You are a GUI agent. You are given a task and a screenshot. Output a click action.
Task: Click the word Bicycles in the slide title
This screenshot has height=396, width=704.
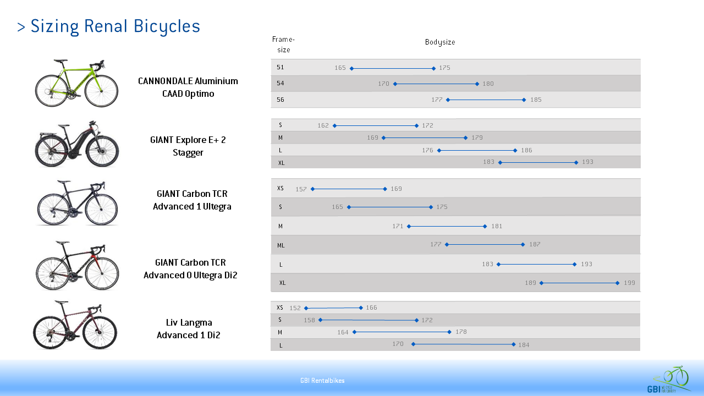pos(167,26)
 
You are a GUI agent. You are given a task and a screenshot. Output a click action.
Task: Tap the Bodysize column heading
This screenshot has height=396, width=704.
pos(440,42)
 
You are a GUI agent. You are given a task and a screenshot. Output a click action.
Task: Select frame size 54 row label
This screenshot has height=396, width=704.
pos(280,83)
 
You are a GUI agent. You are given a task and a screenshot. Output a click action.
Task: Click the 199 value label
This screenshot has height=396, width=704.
pos(629,283)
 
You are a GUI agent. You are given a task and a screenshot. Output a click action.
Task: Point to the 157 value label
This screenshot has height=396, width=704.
pos(301,189)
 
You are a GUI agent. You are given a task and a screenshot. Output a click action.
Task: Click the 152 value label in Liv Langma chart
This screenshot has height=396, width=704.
pos(295,308)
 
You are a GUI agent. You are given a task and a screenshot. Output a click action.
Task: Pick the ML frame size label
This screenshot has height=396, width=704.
pos(281,245)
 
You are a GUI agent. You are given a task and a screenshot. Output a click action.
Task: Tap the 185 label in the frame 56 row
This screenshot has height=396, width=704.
pos(536,100)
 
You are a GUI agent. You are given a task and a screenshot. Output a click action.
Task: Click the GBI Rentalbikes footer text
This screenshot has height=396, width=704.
pos(322,381)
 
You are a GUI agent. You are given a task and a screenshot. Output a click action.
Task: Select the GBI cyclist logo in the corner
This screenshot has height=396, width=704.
pos(669,380)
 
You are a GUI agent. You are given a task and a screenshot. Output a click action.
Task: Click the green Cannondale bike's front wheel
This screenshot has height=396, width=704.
pos(102,91)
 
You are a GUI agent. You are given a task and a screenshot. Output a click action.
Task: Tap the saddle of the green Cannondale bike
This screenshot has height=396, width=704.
pos(61,61)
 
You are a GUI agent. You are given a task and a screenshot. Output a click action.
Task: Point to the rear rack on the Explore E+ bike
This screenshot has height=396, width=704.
pos(46,135)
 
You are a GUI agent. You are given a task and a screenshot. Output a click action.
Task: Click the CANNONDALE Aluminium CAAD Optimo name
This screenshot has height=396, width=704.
pos(188,87)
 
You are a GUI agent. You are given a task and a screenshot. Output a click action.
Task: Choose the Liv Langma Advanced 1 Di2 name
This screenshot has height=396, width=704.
pos(189,329)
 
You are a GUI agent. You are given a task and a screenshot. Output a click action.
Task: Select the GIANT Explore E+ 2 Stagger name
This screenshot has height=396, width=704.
pos(188,146)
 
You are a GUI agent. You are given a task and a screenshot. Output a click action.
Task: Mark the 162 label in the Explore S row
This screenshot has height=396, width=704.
pos(323,125)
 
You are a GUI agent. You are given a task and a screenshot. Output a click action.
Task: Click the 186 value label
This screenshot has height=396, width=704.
pos(527,150)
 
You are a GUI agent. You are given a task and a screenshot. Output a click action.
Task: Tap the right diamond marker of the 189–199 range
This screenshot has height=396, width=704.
pos(617,283)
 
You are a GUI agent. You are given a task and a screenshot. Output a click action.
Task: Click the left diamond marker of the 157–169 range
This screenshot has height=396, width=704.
pos(312,189)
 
